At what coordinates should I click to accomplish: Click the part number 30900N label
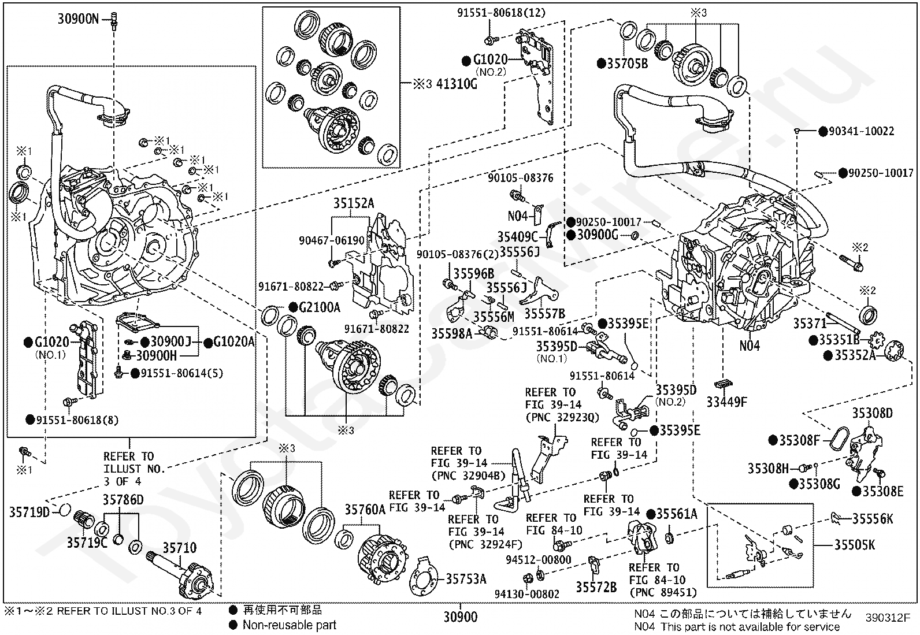click(78, 19)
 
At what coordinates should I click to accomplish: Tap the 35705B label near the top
click(628, 64)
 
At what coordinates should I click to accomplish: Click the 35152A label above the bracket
click(353, 203)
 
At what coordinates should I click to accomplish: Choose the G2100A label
click(320, 307)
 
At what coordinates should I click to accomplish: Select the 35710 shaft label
click(179, 548)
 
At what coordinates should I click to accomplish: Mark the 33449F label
click(727, 402)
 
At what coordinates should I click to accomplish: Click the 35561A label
click(676, 514)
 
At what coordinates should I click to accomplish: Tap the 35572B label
click(596, 587)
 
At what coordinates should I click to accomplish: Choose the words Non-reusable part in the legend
click(289, 625)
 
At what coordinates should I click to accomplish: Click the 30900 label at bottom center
click(461, 617)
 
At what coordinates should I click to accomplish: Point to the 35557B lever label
click(544, 314)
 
